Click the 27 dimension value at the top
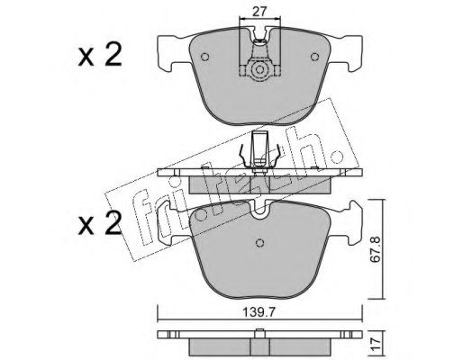point(259,12)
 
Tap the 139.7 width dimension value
point(259,313)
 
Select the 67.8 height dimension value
point(376,250)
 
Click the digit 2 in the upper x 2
point(113,54)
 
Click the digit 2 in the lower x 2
point(113,222)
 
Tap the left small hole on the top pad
point(205,57)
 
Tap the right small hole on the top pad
point(314,57)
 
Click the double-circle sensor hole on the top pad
point(259,70)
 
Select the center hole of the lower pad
point(259,243)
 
